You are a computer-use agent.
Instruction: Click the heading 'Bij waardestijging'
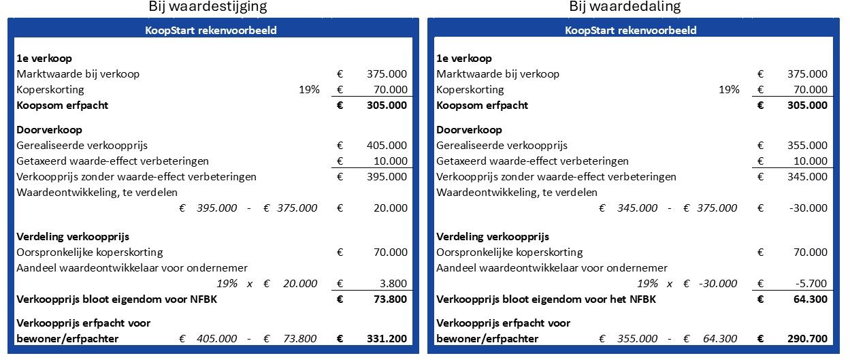click(208, 7)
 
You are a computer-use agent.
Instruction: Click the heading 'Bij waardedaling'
click(625, 7)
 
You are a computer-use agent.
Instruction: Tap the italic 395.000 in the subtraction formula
click(216, 208)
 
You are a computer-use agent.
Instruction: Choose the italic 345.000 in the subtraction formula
click(637, 208)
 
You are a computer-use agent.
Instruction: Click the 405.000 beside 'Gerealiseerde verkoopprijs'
click(387, 145)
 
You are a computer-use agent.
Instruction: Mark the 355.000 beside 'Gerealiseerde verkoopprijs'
click(807, 145)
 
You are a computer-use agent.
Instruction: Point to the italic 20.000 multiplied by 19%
click(300, 284)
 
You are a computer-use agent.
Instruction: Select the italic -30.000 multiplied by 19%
click(717, 284)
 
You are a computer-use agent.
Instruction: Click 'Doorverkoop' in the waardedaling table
click(469, 129)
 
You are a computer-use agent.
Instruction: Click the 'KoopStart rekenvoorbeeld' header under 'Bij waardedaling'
click(630, 31)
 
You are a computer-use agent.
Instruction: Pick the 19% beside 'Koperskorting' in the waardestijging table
click(309, 90)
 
